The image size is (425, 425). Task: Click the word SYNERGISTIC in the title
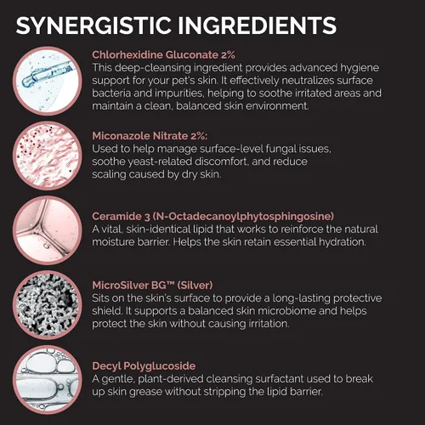point(93,25)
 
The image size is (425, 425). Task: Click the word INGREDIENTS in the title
point(257,25)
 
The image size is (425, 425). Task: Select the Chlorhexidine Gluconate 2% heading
point(163,54)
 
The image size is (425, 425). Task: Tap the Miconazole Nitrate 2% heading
point(150,136)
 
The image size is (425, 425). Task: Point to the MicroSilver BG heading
point(152,285)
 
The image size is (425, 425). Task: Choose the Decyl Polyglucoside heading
point(144,366)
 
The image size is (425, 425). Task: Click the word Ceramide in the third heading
point(116,217)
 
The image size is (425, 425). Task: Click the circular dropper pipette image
point(48,81)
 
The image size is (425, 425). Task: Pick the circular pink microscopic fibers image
point(48,156)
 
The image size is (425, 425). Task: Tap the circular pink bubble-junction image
point(48,230)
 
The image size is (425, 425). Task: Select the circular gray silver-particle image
point(48,305)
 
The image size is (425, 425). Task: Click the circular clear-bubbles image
point(48,380)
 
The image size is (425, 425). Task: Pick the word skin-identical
point(158,229)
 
